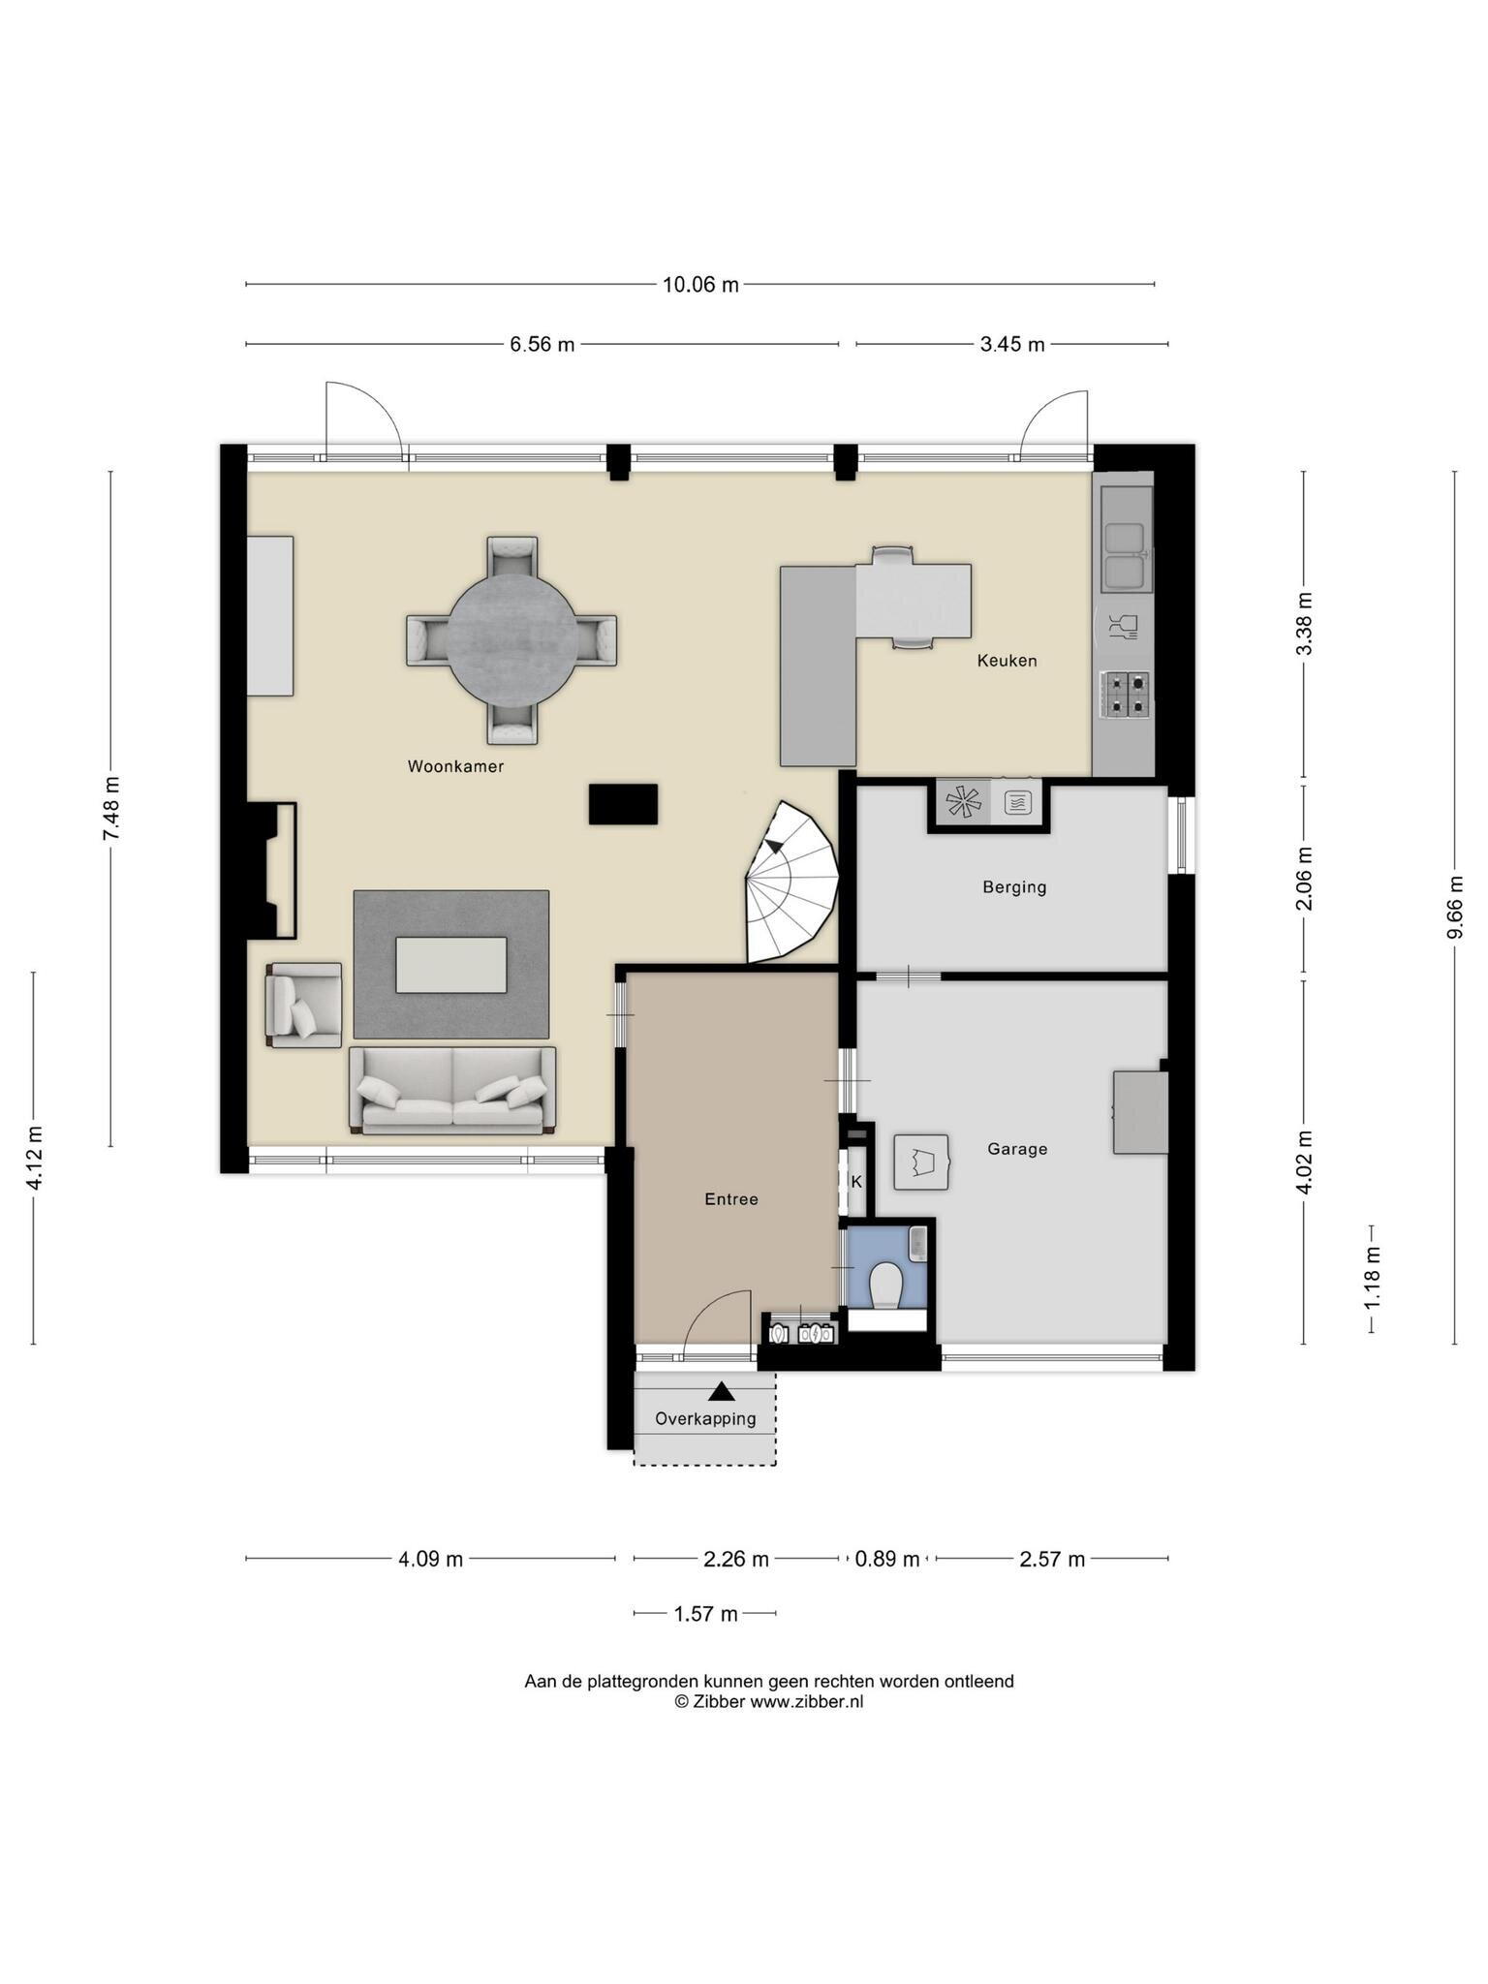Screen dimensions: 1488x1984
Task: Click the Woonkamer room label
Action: coord(455,766)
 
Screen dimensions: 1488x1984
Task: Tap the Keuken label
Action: coord(1007,661)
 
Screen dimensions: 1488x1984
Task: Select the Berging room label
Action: coord(1014,886)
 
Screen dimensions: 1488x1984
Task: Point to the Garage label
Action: coord(1017,1149)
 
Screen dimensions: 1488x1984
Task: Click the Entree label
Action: coord(731,1199)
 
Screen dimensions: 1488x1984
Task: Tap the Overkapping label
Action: coord(705,1419)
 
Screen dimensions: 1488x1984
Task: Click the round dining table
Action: coord(511,640)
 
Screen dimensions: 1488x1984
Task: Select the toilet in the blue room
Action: coord(885,1286)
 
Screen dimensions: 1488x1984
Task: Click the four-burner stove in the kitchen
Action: coord(1125,695)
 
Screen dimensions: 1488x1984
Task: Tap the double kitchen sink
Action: coord(1126,556)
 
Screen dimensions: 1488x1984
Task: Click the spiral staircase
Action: coord(792,882)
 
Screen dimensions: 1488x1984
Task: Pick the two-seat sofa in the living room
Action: coord(452,1090)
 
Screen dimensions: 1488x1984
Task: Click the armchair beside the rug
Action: coord(304,1005)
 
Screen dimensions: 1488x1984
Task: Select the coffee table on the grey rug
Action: coord(451,965)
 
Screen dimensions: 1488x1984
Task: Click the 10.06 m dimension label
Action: coord(700,285)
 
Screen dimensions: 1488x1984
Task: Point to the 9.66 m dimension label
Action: coord(1454,907)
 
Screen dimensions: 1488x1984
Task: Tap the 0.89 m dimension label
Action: coord(886,1559)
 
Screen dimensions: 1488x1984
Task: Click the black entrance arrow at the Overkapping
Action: coord(721,1391)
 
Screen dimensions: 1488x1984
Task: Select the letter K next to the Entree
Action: coord(856,1182)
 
